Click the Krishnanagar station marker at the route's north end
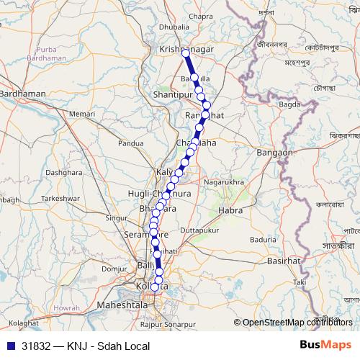186,53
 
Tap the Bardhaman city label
22,94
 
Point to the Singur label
115,217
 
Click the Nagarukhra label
224,183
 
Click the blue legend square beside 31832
10,346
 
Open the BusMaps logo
325,345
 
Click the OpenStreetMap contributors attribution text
297,322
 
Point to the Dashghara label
63,173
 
